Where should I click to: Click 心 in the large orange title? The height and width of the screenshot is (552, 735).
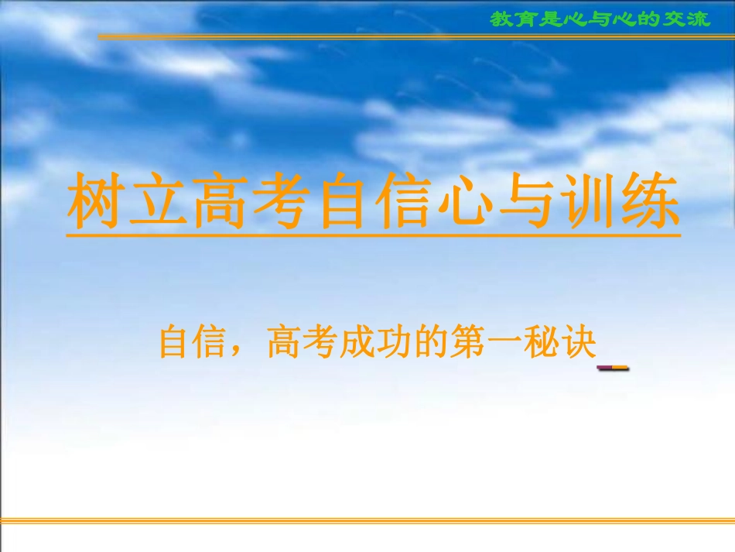click(x=466, y=200)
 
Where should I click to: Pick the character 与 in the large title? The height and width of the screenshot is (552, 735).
click(x=528, y=200)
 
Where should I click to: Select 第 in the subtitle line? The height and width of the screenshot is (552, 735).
click(x=467, y=342)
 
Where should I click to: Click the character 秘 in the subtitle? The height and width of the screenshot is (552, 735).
click(x=541, y=342)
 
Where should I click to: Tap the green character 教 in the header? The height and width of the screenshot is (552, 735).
click(x=501, y=19)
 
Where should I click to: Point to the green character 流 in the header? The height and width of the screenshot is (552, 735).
click(x=699, y=19)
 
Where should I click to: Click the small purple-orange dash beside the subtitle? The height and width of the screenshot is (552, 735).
click(x=613, y=369)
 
